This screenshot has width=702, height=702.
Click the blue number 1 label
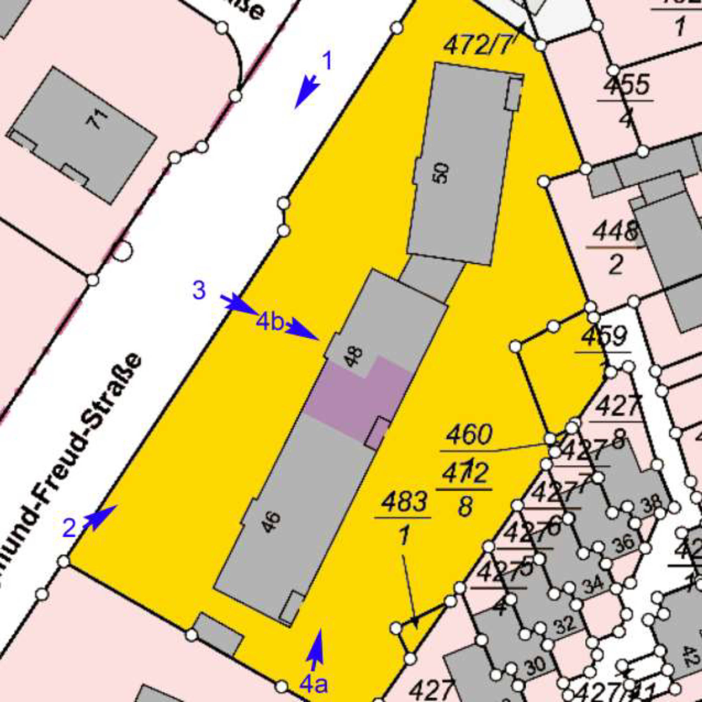click(x=327, y=61)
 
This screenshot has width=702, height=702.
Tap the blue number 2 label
click(x=69, y=528)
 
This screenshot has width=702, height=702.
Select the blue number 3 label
click(x=199, y=291)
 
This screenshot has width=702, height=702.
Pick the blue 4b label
click(x=270, y=322)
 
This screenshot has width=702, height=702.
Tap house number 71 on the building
click(x=97, y=120)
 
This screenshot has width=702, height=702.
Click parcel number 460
click(x=469, y=435)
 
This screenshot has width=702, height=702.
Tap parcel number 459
click(x=604, y=337)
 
